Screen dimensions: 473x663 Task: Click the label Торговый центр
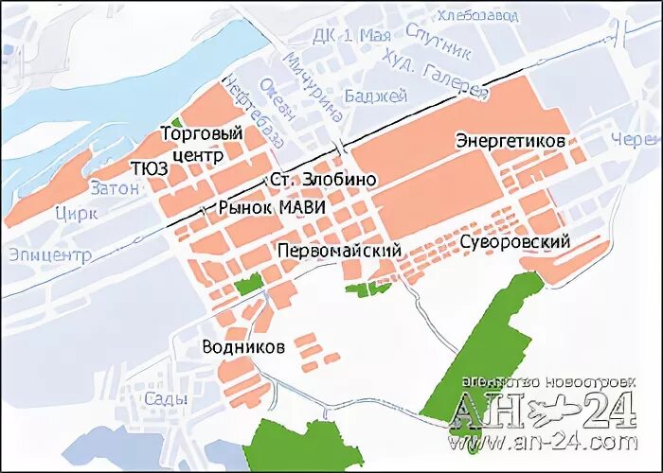coord(203,143)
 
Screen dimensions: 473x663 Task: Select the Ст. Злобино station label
coord(323,180)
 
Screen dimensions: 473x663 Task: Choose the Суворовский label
coord(514,242)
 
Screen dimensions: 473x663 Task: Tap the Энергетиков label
coord(511,140)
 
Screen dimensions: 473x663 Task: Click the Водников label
coord(243,347)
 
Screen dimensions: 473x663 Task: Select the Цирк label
coord(77,213)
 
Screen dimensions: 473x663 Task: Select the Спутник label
coord(438,40)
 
